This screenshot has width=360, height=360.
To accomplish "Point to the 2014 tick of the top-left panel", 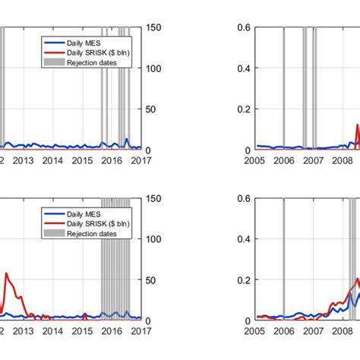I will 52,160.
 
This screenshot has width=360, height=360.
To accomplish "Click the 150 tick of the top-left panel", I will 152,27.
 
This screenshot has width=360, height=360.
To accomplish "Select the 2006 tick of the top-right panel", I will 283,160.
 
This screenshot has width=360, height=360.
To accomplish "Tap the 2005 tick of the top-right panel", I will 254,160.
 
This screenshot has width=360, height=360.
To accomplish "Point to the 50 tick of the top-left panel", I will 150,109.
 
